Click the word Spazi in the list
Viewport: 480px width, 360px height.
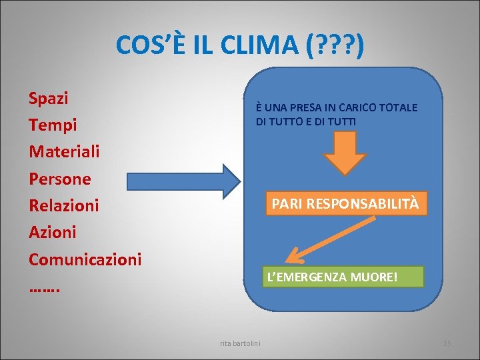click(49, 99)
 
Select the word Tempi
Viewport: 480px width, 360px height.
click(53, 125)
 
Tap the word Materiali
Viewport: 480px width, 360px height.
click(64, 151)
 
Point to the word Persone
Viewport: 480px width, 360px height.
click(59, 179)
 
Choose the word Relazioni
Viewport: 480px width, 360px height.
click(63, 205)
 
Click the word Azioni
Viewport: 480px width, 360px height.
click(52, 232)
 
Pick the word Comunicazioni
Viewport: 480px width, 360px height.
click(85, 259)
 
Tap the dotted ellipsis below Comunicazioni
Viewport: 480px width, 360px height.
click(45, 288)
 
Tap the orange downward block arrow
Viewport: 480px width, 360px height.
click(345, 153)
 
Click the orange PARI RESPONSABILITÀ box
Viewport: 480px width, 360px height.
click(345, 203)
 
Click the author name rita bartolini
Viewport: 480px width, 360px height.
click(240, 343)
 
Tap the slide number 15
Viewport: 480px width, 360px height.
click(447, 343)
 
